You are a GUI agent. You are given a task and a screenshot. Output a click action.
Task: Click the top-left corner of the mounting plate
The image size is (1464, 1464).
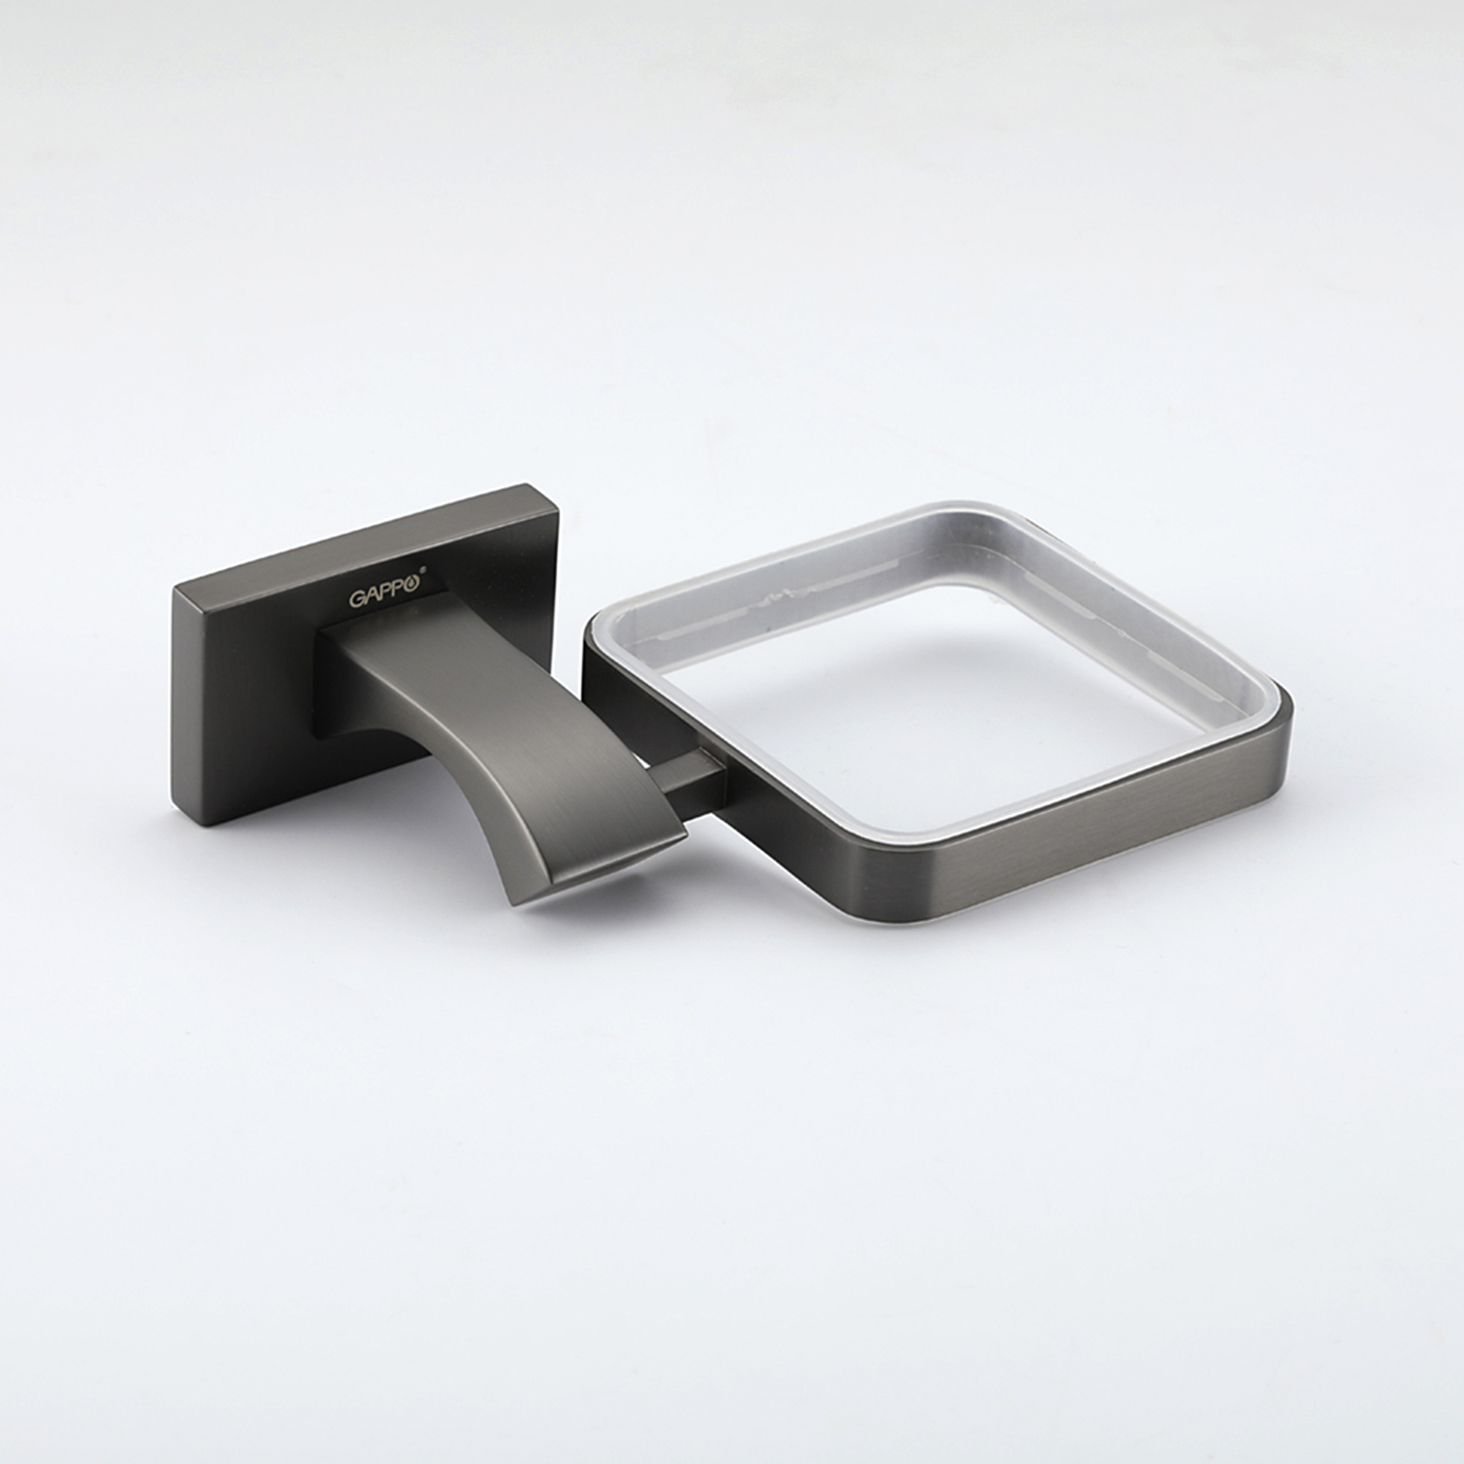[174, 589]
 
